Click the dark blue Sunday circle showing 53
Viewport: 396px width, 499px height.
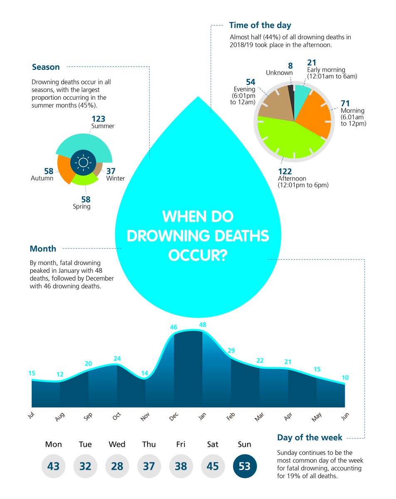coord(245,466)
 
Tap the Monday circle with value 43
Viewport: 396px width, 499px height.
coord(53,466)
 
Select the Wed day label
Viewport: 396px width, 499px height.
coord(117,445)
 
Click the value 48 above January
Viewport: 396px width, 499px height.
coord(202,324)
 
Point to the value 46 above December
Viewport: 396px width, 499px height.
coord(174,327)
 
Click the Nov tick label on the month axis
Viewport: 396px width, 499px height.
coord(145,417)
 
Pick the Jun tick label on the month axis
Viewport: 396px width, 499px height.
coord(344,416)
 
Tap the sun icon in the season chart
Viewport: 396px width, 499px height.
coord(83,162)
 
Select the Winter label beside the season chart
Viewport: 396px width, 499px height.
coord(115,178)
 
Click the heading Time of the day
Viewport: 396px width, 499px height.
coord(260,25)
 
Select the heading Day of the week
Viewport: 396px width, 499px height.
coord(310,437)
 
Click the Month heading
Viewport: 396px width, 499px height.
coord(43,249)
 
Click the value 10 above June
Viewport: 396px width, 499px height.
coord(345,378)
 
